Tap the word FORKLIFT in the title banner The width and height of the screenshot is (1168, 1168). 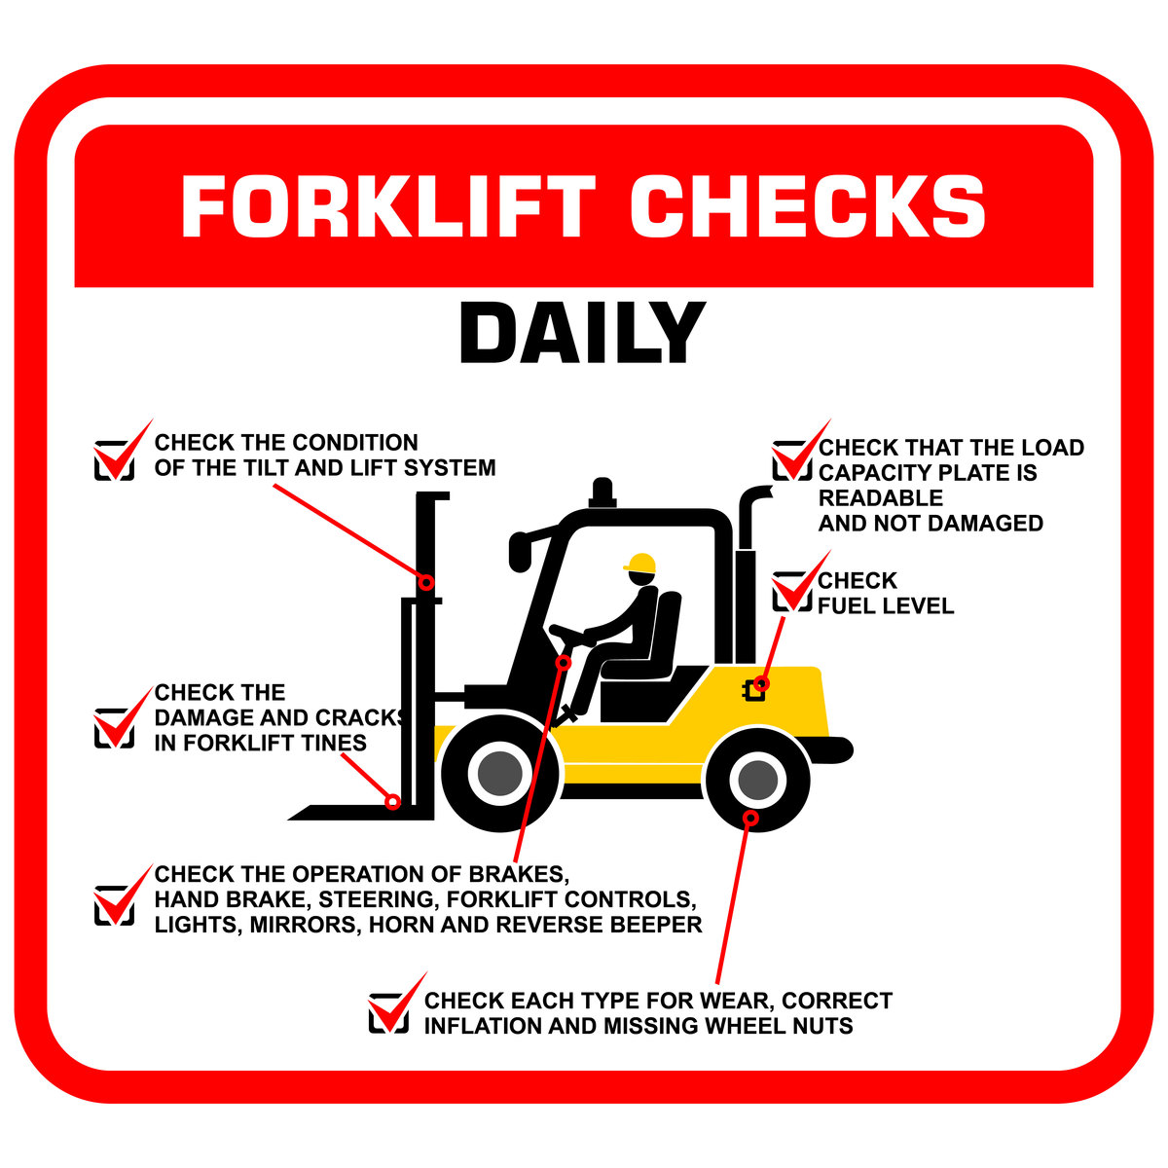tap(388, 206)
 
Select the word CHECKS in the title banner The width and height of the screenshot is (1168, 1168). tap(808, 206)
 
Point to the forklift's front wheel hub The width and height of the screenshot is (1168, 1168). tap(500, 774)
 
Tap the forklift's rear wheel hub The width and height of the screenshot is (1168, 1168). tap(757, 780)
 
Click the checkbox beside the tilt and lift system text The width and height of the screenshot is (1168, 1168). tap(114, 460)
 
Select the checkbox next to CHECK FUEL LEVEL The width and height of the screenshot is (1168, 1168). tap(791, 592)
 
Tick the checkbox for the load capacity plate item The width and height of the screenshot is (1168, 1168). tap(791, 460)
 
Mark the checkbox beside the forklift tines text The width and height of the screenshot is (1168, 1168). tap(114, 728)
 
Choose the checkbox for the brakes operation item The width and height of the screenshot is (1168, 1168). tap(114, 905)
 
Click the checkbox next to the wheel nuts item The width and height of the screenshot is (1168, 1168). tap(388, 1013)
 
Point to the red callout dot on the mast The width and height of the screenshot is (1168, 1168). tap(426, 582)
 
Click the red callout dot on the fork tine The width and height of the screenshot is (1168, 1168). tap(393, 802)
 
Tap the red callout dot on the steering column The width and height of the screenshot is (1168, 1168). tap(564, 663)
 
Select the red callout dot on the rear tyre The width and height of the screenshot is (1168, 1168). tap(751, 819)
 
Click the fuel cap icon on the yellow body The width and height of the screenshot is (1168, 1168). tap(753, 690)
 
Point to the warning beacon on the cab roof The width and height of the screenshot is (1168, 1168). tap(602, 493)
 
